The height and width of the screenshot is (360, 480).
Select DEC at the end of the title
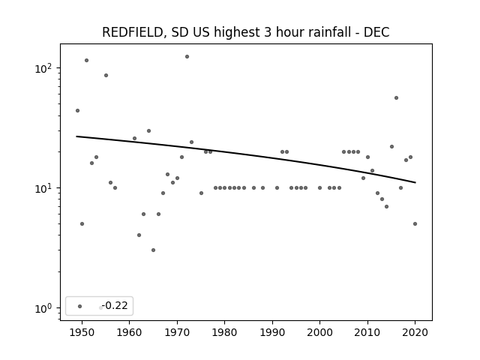(x=376, y=32)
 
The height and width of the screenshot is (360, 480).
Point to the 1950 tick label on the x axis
(x=82, y=332)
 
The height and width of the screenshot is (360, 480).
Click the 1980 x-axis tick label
(x=225, y=332)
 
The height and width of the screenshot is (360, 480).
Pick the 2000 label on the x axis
(x=320, y=332)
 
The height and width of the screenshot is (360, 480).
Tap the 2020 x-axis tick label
(x=415, y=332)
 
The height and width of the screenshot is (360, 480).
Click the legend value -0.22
(x=115, y=305)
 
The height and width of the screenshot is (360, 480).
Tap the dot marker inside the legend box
(x=80, y=306)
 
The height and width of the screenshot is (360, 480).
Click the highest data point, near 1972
(x=187, y=57)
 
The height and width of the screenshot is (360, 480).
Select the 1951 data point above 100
(x=87, y=60)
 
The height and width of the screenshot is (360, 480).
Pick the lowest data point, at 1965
(x=153, y=250)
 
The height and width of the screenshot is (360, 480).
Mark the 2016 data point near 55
(x=397, y=98)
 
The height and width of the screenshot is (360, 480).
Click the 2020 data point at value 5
(x=415, y=223)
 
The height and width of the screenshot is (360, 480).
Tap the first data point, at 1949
(x=77, y=110)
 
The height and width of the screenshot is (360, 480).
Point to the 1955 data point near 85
(x=106, y=75)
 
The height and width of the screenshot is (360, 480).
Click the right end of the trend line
(x=415, y=183)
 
